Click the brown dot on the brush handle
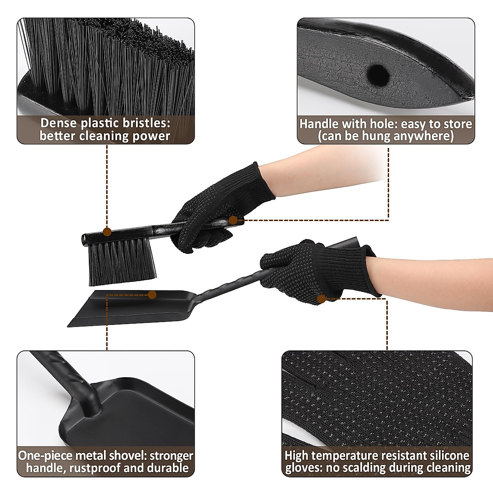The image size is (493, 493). (x=107, y=232)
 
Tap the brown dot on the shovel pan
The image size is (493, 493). (x=152, y=295)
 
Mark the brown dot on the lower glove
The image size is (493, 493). (x=322, y=298)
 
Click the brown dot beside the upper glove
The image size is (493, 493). (x=233, y=220)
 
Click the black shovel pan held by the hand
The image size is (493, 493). (x=131, y=308)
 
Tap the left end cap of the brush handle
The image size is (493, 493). (x=85, y=239)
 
